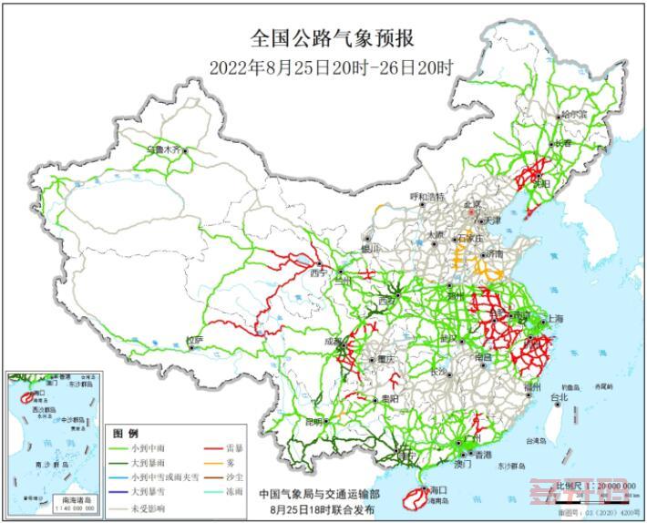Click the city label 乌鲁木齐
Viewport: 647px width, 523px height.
tap(164, 147)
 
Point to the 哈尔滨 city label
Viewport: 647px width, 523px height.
tap(574, 116)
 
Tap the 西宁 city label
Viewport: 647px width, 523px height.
tap(318, 272)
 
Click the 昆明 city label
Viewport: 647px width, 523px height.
tap(313, 421)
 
